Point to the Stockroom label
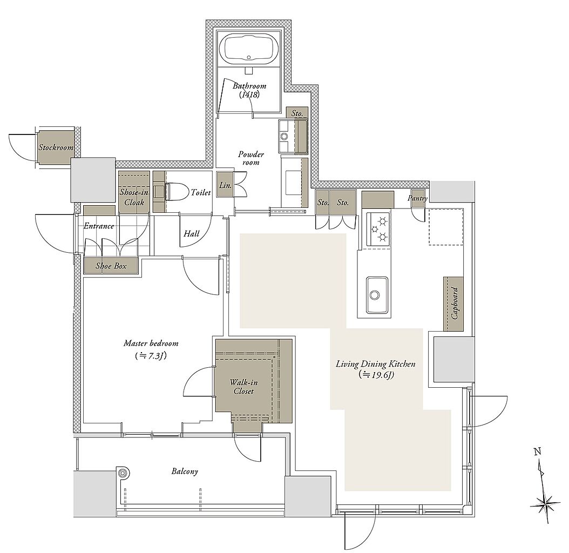[x=56, y=147]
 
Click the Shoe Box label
[x=111, y=266]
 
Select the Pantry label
[x=417, y=198]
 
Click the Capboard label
[x=455, y=303]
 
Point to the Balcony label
[x=185, y=471]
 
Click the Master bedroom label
[x=151, y=343]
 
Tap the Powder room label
[x=251, y=158]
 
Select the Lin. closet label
[x=225, y=185]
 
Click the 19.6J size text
[x=376, y=375]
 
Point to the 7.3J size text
[x=150, y=355]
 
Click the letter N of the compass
[x=538, y=452]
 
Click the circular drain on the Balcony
[x=123, y=473]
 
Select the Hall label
[x=191, y=233]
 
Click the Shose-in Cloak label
[x=134, y=197]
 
